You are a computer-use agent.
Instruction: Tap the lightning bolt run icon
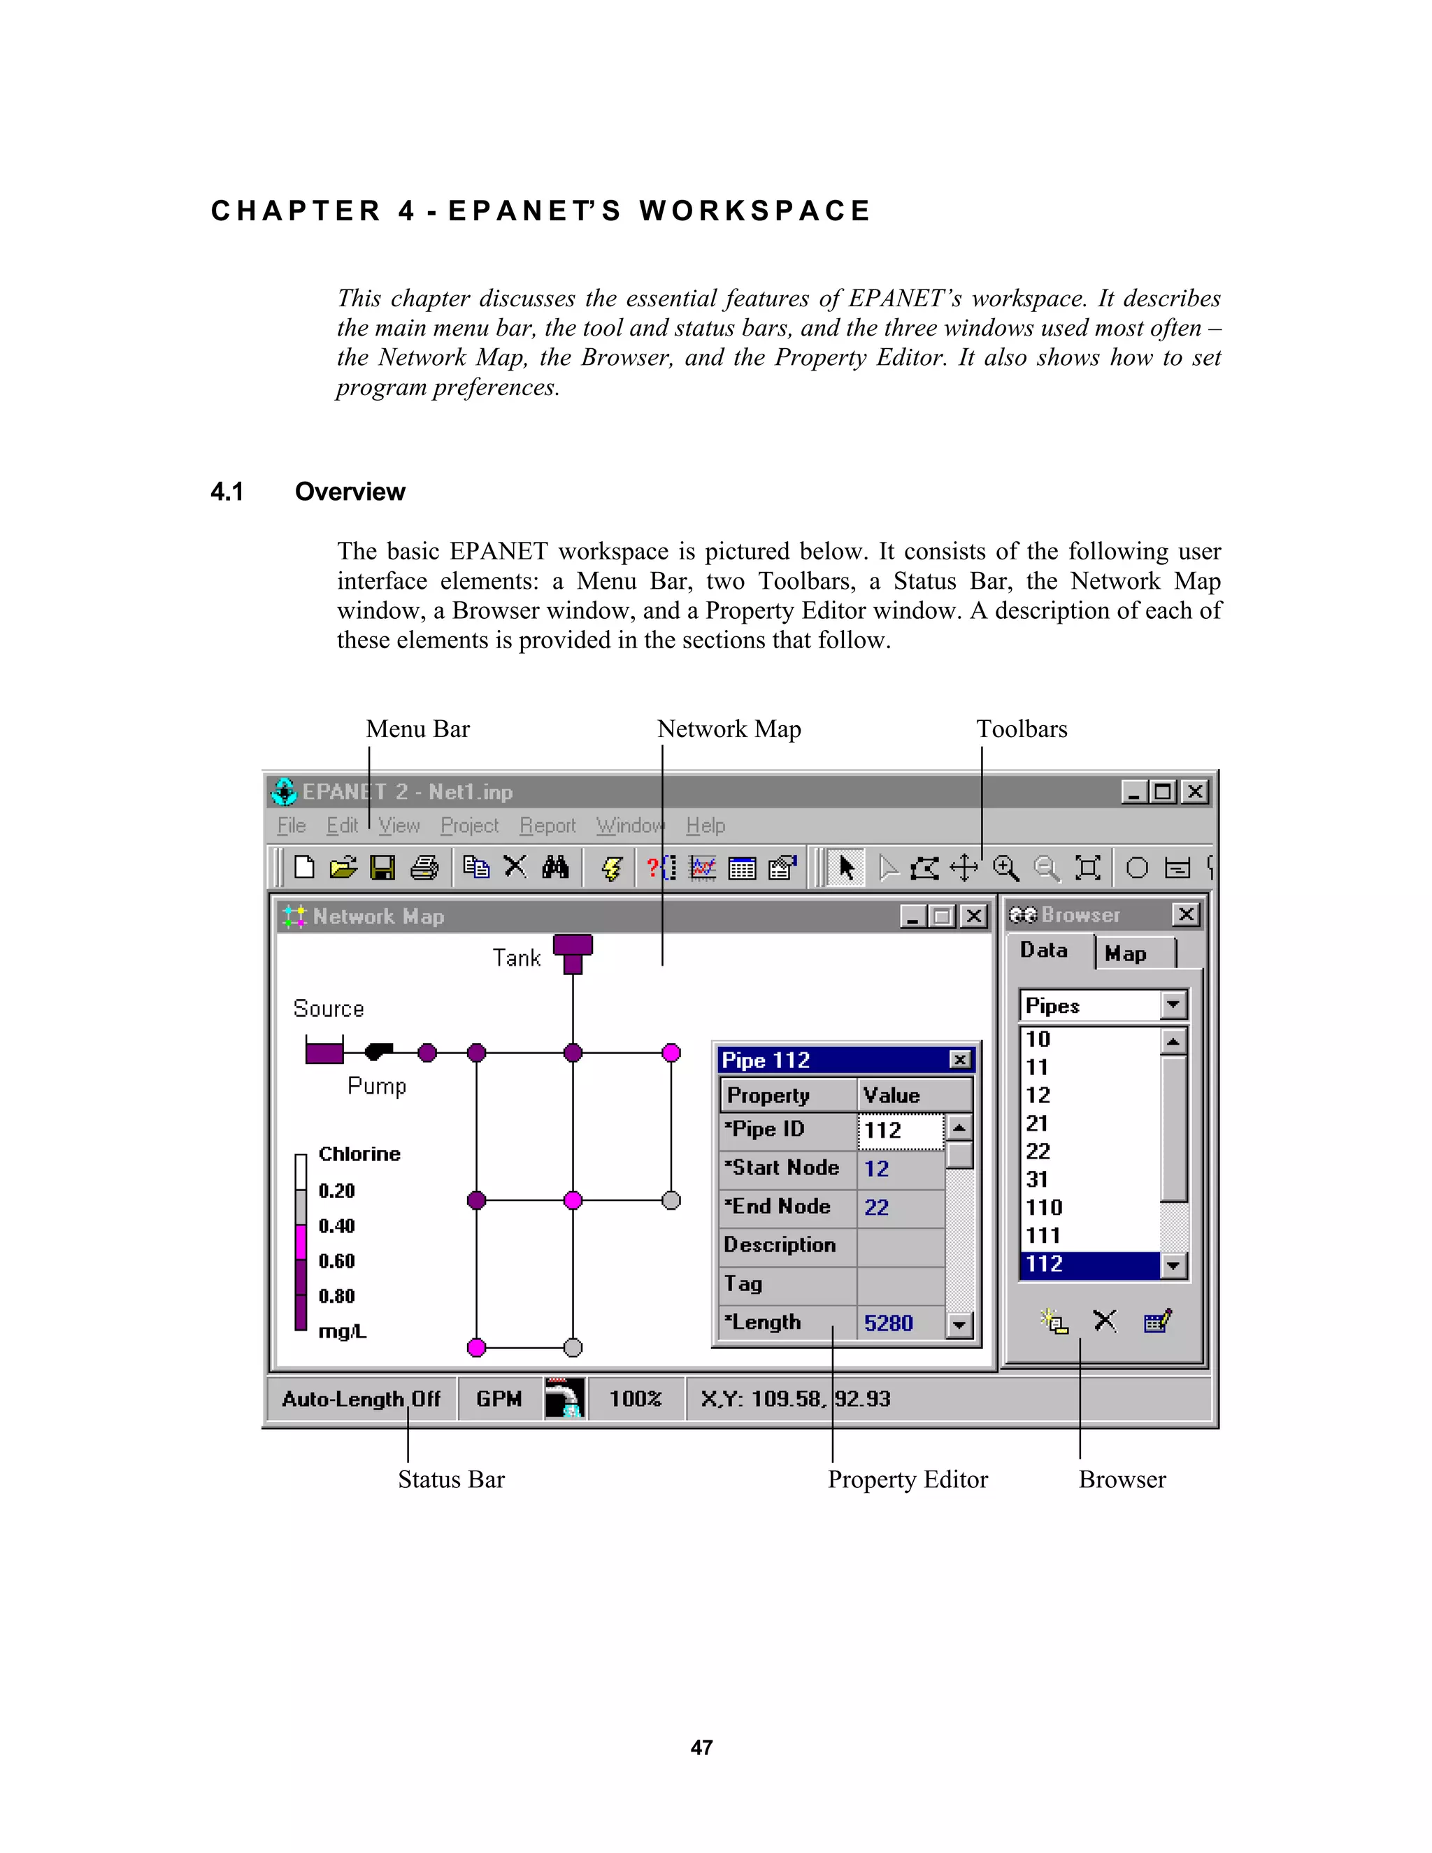click(x=612, y=867)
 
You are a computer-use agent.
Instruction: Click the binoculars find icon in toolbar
click(x=554, y=867)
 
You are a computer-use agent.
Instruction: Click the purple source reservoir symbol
click(x=324, y=1052)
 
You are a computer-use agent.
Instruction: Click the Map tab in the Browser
click(x=1126, y=954)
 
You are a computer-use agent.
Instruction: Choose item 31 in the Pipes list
click(x=1037, y=1180)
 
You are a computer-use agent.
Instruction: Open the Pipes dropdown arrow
click(x=1173, y=1006)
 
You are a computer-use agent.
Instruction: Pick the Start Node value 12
click(x=876, y=1168)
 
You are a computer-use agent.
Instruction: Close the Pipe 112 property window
click(x=959, y=1059)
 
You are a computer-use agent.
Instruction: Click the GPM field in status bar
click(x=499, y=1398)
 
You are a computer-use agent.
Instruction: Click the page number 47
click(x=701, y=1748)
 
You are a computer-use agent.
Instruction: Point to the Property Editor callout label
click(x=907, y=1479)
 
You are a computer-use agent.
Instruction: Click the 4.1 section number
click(x=227, y=492)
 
